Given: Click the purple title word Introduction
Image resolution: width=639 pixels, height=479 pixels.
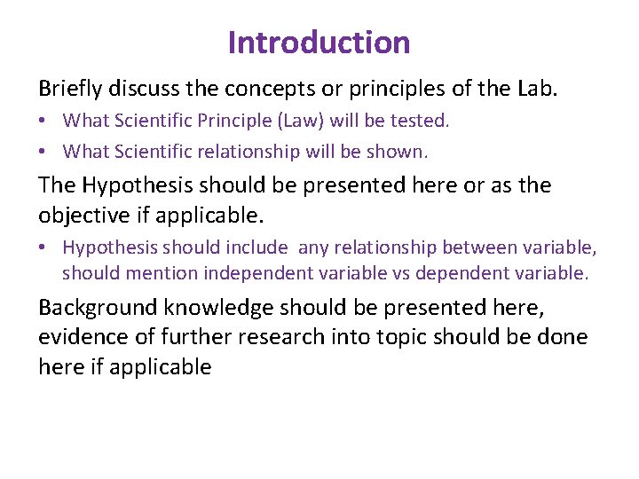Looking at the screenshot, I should pos(319,42).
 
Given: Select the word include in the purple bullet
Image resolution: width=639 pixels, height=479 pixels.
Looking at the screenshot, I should pos(257,248).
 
